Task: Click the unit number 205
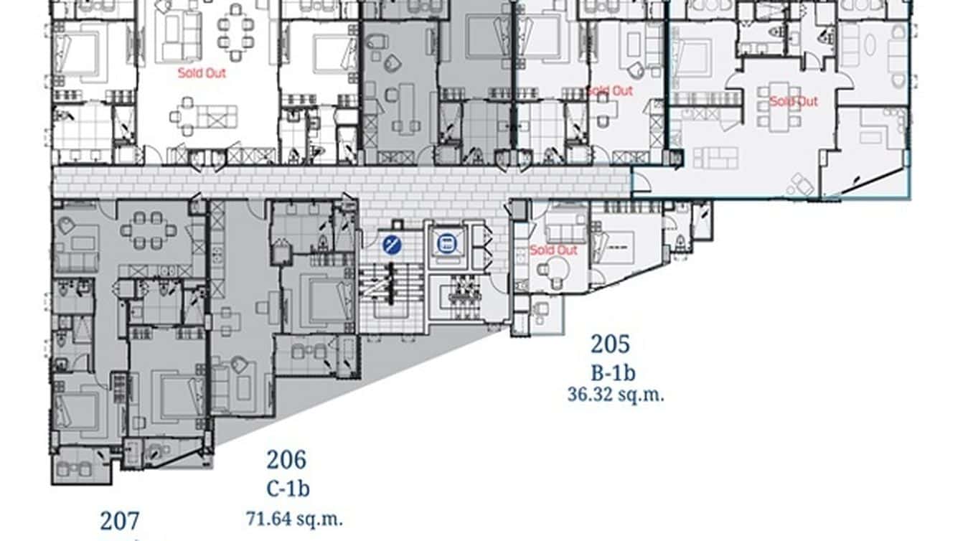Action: [610, 344]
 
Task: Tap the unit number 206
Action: [286, 459]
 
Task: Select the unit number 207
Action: [120, 521]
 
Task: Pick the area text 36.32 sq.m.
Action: [615, 395]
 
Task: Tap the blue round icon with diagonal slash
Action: [392, 245]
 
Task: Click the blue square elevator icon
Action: [446, 244]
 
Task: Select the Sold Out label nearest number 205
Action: [553, 250]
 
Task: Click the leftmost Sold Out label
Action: [202, 73]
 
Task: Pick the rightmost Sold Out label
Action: [793, 101]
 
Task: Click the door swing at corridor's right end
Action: [641, 182]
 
